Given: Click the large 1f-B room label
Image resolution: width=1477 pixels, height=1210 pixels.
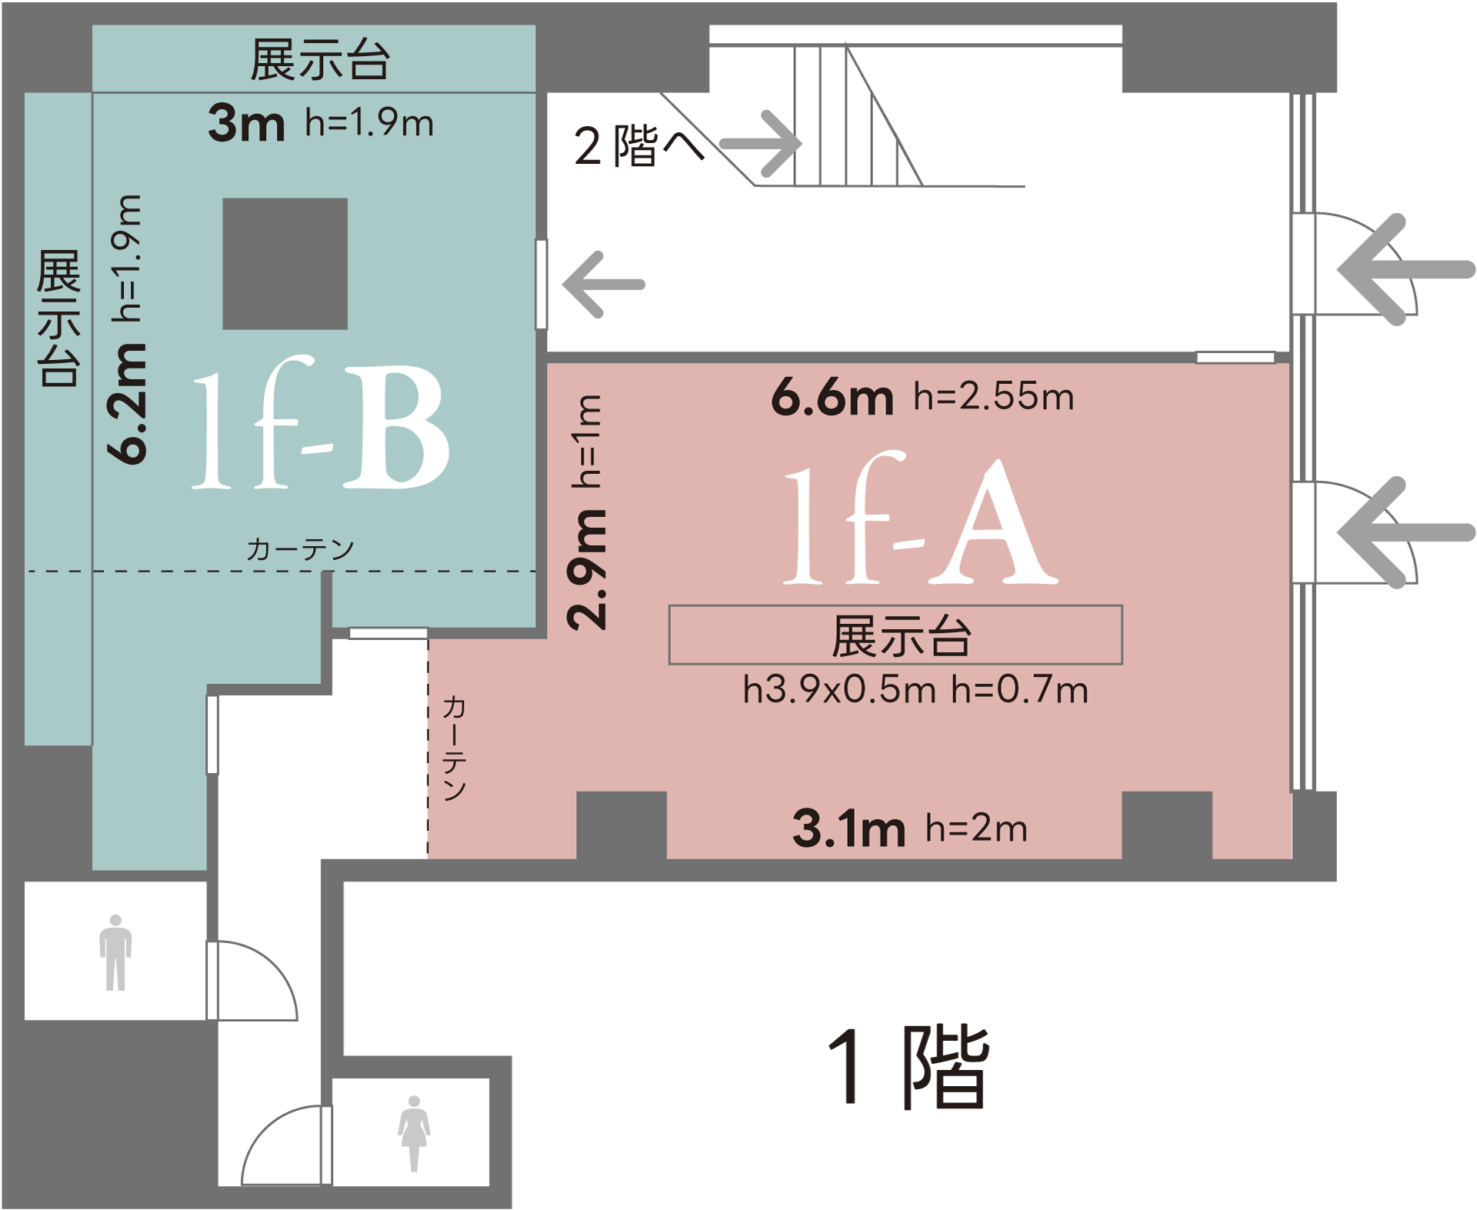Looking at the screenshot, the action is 320,423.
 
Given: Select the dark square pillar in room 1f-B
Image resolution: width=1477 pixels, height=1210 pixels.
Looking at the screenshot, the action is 285,264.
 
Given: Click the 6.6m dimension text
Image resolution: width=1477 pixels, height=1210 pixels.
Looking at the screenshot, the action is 832,398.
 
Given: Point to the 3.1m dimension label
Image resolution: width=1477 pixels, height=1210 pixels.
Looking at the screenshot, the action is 849,829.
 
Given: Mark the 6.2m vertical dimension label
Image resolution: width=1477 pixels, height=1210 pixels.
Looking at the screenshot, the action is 126,404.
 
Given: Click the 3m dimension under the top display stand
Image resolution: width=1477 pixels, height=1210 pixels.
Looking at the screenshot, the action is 246,123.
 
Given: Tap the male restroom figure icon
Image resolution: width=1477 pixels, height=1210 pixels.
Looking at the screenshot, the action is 115,952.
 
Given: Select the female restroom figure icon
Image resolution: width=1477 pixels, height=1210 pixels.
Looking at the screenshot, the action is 414,1134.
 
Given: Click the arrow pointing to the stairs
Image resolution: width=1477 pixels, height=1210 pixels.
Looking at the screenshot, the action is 761,144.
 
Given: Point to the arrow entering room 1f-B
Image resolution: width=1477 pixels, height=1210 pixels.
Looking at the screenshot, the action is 604,285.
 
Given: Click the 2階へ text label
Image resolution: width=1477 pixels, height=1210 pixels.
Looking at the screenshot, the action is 639,145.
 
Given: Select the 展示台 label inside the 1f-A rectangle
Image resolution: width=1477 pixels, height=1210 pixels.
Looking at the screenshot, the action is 901,636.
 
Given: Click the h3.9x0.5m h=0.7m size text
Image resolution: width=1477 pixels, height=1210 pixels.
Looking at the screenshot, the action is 915,690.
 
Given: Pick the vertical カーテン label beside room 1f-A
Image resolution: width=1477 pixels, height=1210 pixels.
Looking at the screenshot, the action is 454,748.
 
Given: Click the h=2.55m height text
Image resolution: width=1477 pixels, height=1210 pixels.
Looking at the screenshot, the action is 994,397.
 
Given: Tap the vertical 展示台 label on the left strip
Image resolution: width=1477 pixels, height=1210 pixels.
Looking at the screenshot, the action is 58,318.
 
